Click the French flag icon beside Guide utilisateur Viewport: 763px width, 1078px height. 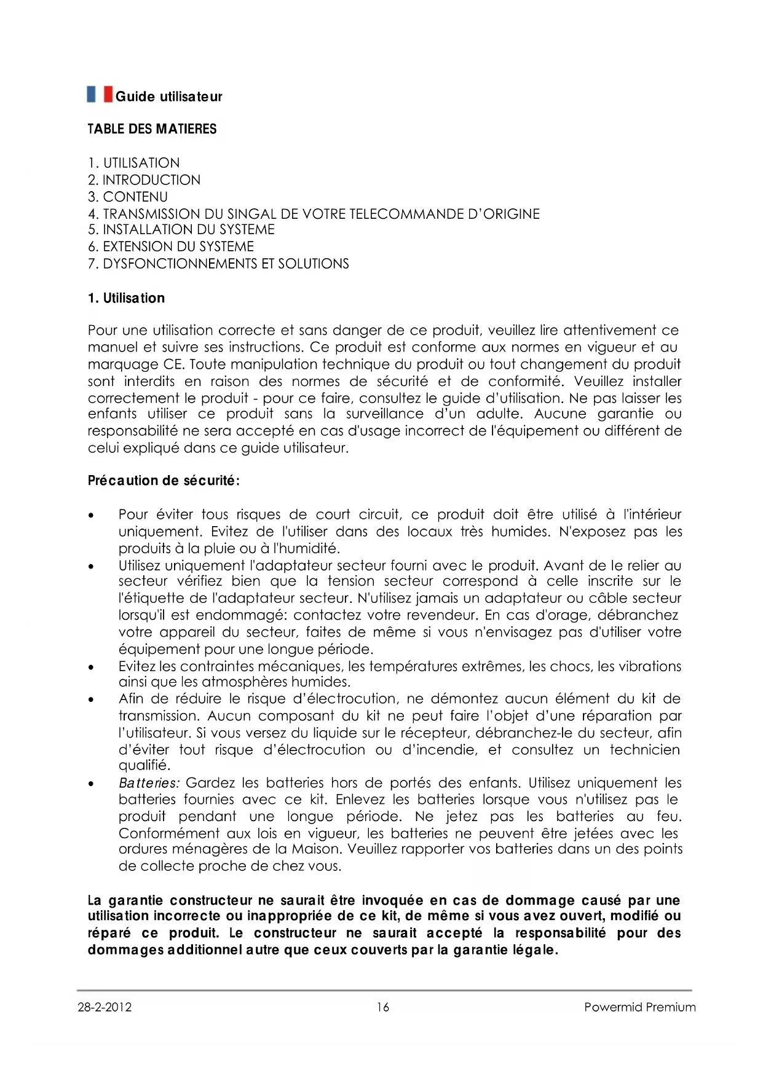point(100,95)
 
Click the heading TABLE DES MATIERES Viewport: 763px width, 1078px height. point(152,129)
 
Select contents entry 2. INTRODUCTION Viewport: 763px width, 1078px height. point(144,180)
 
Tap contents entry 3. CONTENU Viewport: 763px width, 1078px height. point(128,197)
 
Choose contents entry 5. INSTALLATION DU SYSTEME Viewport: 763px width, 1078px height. point(181,230)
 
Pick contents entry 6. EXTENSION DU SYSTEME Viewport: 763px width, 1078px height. point(170,246)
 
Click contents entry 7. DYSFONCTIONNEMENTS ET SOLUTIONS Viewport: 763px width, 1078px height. point(218,264)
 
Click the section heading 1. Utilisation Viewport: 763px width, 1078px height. point(126,298)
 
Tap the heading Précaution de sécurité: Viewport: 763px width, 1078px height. point(164,481)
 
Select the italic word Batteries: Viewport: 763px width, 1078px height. point(149,783)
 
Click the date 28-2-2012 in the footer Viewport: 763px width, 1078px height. point(105,1007)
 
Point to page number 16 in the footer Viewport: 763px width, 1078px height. point(383,1007)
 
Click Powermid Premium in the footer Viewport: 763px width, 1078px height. point(639,1007)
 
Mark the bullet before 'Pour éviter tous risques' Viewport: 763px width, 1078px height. point(92,515)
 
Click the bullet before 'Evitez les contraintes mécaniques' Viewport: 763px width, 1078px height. point(92,667)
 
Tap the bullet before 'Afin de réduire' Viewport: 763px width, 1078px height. point(92,699)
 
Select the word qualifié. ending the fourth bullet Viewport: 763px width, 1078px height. point(144,766)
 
